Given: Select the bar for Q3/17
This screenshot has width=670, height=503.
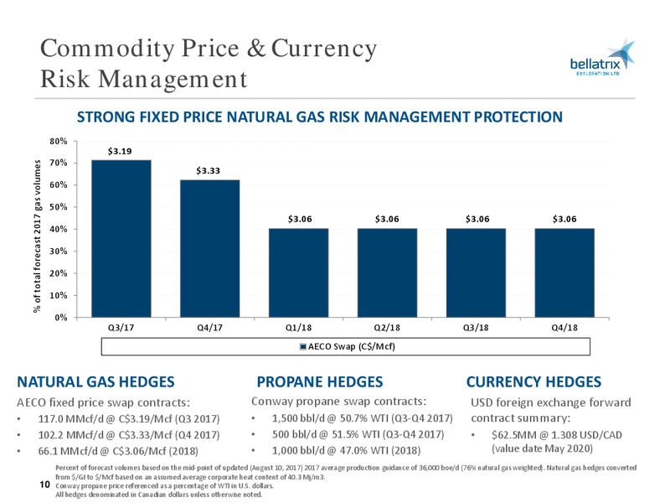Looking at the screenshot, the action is click(x=121, y=239).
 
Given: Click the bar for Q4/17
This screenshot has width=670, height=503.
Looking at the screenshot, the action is click(x=210, y=248).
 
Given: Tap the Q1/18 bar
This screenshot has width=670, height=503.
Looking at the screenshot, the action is click(x=299, y=273).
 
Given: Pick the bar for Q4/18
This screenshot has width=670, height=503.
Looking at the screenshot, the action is click(x=564, y=273).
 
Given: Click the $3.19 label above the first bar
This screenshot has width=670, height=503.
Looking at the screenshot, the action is click(x=120, y=151).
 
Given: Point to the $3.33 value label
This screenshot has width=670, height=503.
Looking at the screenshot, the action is click(x=208, y=171).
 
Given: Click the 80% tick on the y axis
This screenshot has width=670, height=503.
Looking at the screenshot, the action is click(x=59, y=141).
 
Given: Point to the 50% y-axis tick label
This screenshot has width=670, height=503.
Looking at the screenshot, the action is click(x=59, y=207).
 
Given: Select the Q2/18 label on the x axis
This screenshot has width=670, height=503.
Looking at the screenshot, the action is click(x=387, y=328).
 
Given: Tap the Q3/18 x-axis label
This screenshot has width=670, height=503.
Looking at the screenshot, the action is click(x=476, y=328).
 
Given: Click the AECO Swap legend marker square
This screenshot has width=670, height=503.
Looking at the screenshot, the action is click(x=303, y=346).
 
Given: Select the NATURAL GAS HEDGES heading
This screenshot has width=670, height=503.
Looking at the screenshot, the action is click(x=95, y=381).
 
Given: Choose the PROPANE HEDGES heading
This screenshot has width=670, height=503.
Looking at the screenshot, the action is click(x=320, y=381).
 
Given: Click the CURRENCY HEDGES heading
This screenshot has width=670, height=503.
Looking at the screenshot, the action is click(x=533, y=381).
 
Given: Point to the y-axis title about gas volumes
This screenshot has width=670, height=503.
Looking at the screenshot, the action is click(x=38, y=236).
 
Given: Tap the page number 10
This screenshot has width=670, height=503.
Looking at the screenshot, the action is click(x=45, y=485).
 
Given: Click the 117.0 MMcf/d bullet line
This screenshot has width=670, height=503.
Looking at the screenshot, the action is click(x=129, y=418).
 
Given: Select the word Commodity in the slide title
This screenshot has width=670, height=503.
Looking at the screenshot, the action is click(x=107, y=49).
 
